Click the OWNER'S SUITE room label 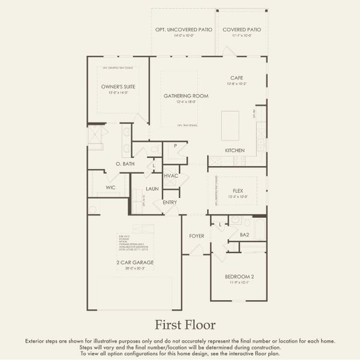tap(118, 87)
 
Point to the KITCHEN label tap(234, 150)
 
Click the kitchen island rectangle tap(230, 124)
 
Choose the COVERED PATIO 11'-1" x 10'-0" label tap(242, 30)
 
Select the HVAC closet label tap(171, 176)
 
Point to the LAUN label tap(152, 189)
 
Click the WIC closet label tap(110, 188)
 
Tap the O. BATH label tap(125, 164)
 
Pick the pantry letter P tap(175, 146)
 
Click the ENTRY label tap(170, 203)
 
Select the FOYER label tap(197, 236)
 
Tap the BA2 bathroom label tap(244, 236)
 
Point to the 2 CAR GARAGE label tap(134, 263)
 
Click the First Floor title tap(185, 325)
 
